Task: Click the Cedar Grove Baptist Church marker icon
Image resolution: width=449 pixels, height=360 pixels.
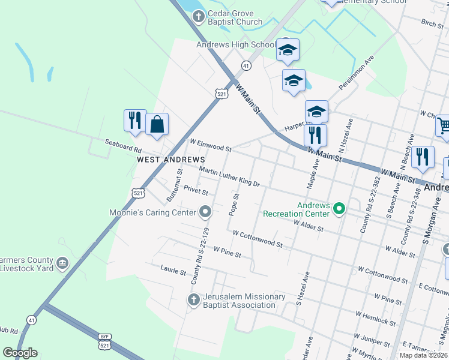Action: click(198, 17)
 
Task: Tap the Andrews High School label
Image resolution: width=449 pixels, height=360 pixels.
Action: click(236, 44)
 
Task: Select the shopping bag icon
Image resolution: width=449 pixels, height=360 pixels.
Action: click(157, 125)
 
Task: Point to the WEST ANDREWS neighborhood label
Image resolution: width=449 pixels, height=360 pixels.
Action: click(171, 160)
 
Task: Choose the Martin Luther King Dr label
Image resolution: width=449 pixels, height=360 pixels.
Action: click(229, 178)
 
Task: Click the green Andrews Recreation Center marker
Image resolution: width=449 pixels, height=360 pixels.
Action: click(339, 209)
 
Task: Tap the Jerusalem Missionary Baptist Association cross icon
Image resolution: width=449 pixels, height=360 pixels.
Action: click(193, 299)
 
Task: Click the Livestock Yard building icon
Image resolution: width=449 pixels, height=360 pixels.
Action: click(62, 263)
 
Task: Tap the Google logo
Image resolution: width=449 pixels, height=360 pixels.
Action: click(20, 353)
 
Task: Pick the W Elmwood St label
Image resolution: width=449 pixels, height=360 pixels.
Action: click(211, 145)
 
